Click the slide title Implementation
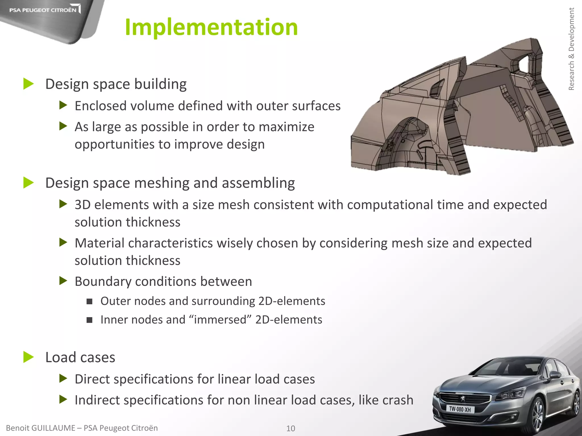pos(211,27)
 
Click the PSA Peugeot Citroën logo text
pos(43,10)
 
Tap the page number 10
pos(290,428)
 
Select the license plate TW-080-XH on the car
pos(460,409)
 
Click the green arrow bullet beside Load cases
pos(28,357)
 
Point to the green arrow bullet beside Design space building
pos(28,84)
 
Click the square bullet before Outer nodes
pos(90,301)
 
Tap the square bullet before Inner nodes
pos(90,320)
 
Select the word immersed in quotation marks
pos(220,320)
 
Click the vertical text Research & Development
pos(571,49)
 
